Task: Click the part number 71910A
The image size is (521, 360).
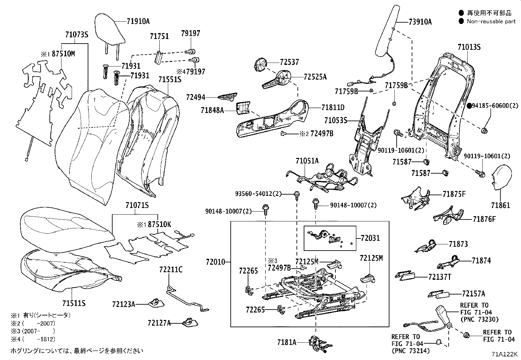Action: pyautogui.click(x=138, y=22)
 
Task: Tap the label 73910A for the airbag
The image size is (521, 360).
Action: pyautogui.click(x=420, y=22)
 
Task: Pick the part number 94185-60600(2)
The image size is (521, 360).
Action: pyautogui.click(x=495, y=105)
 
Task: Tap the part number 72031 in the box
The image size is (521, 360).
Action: pyautogui.click(x=370, y=238)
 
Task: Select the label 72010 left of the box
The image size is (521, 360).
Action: pyautogui.click(x=216, y=262)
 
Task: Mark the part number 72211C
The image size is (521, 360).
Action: pyautogui.click(x=171, y=270)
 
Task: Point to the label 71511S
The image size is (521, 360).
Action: pyautogui.click(x=74, y=303)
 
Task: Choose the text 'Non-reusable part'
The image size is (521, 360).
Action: pyautogui.click(x=491, y=21)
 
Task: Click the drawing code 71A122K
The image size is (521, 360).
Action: pyautogui.click(x=504, y=354)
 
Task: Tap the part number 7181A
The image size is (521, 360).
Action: pyautogui.click(x=287, y=342)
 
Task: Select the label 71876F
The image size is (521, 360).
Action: pyautogui.click(x=484, y=219)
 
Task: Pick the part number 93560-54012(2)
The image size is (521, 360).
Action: pyautogui.click(x=258, y=194)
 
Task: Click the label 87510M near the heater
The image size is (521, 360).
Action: pyautogui.click(x=63, y=54)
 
